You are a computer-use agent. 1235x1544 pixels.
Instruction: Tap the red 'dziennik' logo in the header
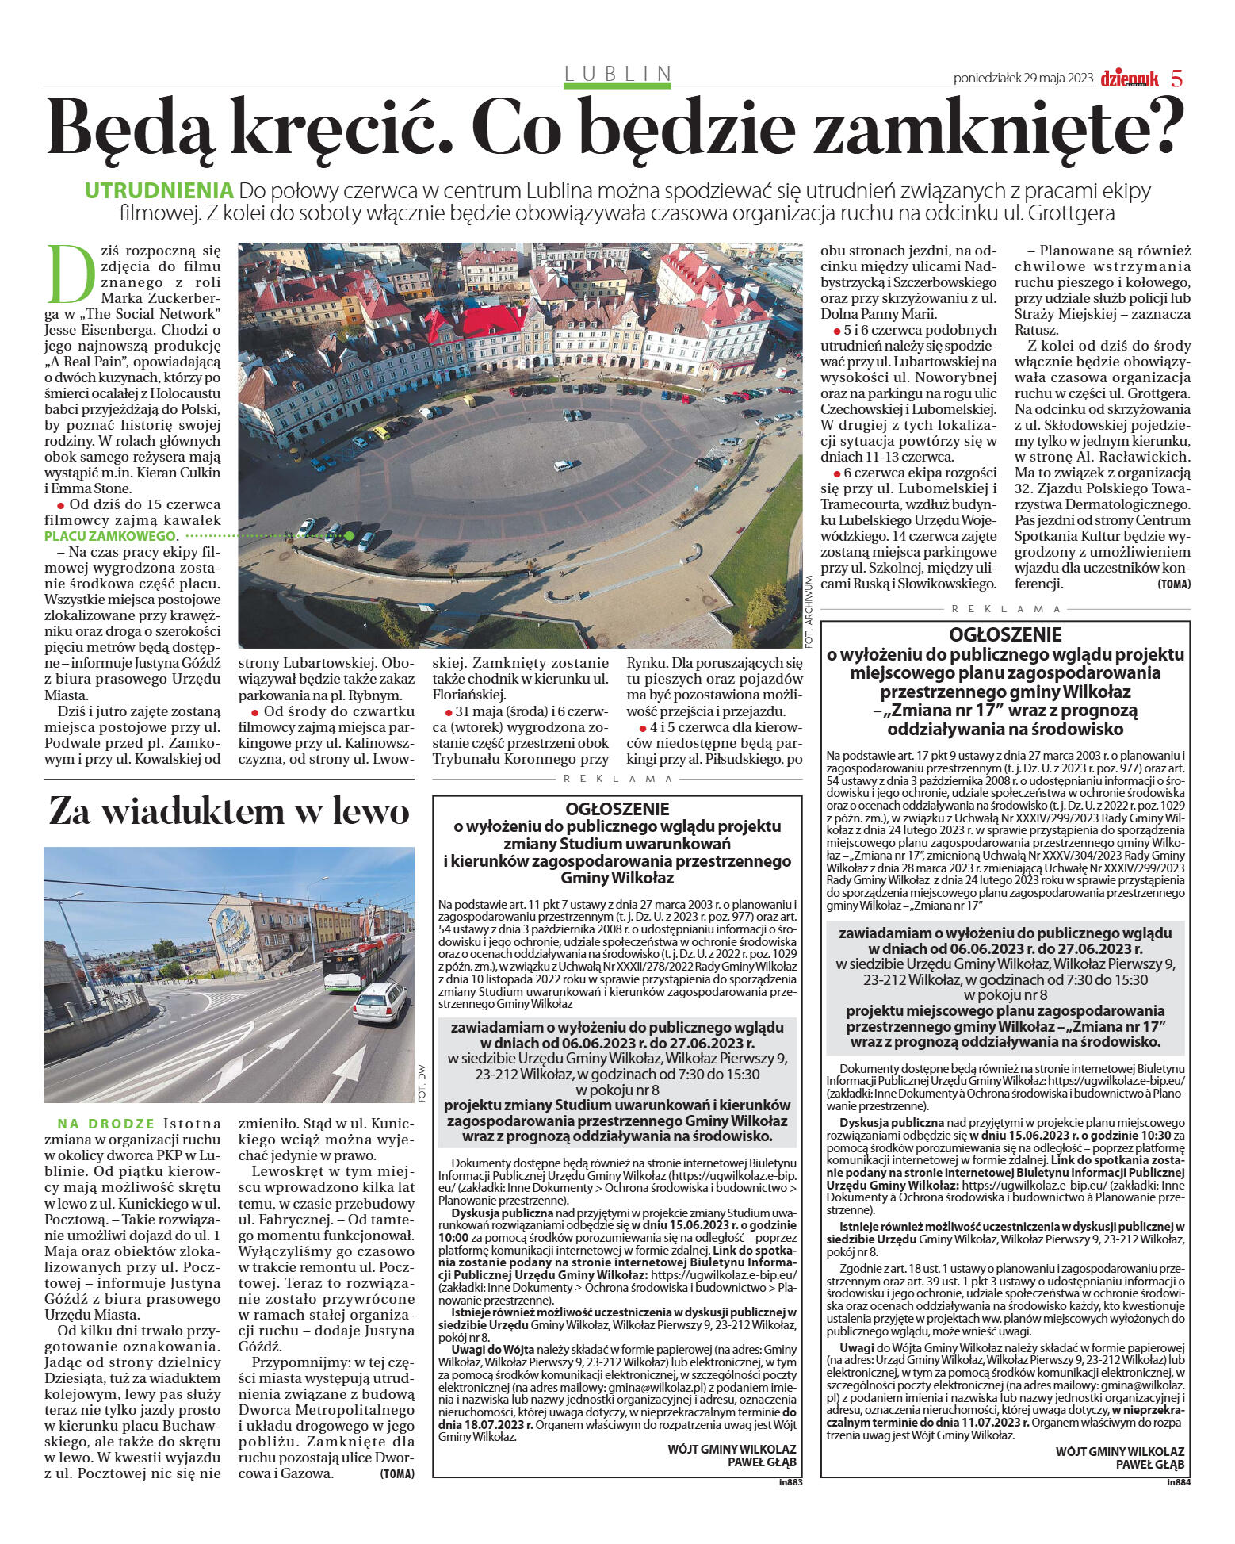coord(1129,79)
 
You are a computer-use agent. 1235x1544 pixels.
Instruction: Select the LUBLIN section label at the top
coord(617,74)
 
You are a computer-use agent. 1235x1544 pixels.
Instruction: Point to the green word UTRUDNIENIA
coord(159,191)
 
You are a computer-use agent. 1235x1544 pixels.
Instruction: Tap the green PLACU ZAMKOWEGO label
coord(109,536)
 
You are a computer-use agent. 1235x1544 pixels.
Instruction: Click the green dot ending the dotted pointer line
coord(349,536)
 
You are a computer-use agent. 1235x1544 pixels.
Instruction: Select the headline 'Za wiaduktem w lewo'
coord(229,811)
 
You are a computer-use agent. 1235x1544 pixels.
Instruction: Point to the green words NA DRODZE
coord(105,1124)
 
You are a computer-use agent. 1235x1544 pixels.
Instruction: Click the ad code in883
coord(790,1481)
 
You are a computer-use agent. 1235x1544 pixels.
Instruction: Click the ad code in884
coord(1179,1481)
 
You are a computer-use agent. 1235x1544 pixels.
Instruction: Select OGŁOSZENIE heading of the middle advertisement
coord(617,809)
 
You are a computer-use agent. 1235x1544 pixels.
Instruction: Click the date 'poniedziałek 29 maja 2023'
coord(1023,79)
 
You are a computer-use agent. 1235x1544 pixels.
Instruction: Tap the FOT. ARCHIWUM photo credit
coord(809,611)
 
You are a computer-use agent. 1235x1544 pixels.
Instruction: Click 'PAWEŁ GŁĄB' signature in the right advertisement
coord(1149,1464)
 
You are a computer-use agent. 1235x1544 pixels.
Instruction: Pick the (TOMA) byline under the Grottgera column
coord(1173,584)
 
